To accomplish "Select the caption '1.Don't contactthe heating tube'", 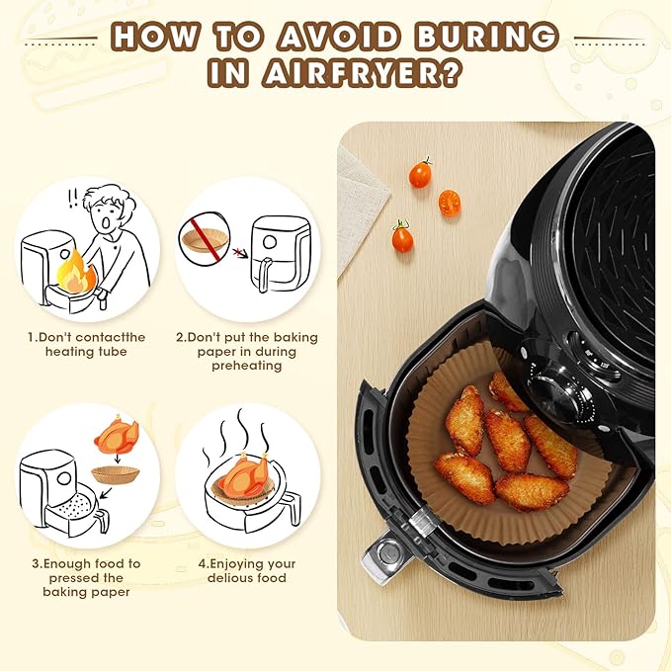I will [x=86, y=344].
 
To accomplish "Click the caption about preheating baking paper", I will [x=246, y=351].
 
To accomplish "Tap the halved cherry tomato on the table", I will [x=450, y=203].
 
